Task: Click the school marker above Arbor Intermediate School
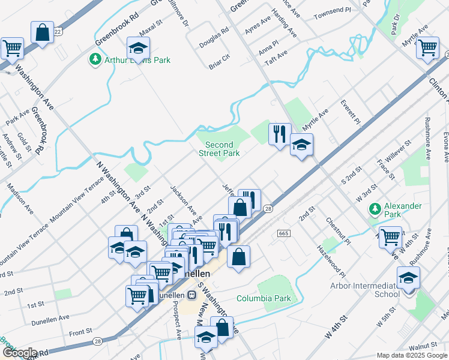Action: click(x=408, y=278)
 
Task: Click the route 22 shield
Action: click(x=58, y=31)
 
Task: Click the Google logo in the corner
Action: click(x=19, y=353)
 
